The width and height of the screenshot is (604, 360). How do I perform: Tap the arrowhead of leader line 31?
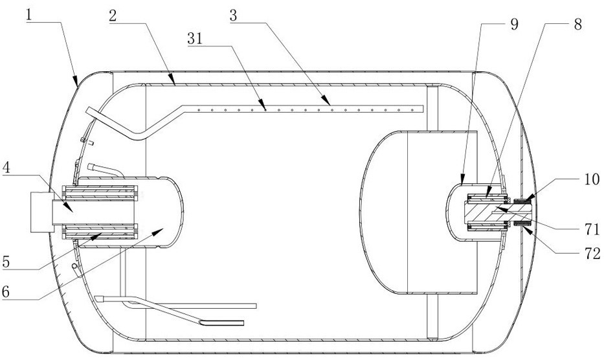coord(265,109)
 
